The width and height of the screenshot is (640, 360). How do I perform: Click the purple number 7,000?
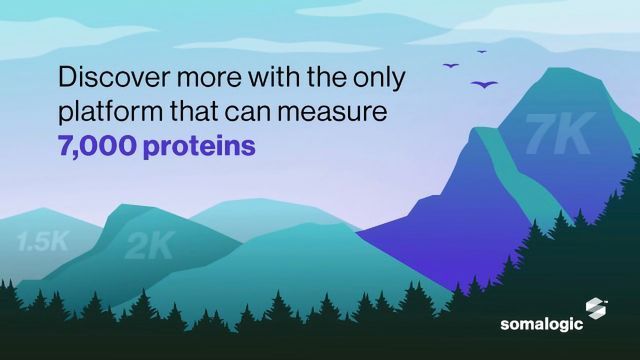(101, 145)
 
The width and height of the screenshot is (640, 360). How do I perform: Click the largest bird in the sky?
(485, 83)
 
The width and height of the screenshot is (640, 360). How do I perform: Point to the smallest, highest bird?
(482, 51)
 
